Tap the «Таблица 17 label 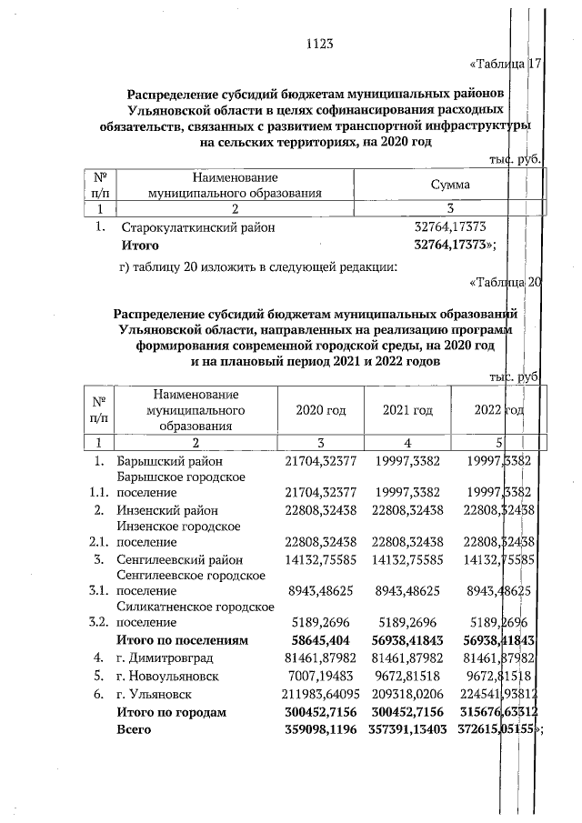[x=505, y=65]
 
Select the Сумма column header [x=450, y=185]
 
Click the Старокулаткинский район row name [x=193, y=228]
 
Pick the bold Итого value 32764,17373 [x=452, y=246]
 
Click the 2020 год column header [x=321, y=410]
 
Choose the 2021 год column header [x=407, y=410]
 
